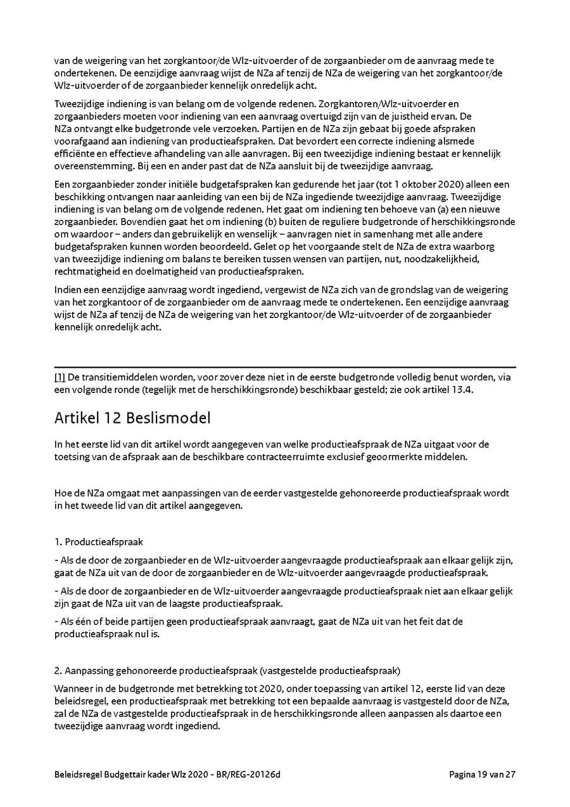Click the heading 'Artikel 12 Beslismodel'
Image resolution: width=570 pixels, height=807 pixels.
(x=132, y=418)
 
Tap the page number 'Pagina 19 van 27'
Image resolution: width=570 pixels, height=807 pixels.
(x=482, y=774)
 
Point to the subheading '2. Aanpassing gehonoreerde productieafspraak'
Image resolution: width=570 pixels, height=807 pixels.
(x=227, y=670)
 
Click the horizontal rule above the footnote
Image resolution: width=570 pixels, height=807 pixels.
(x=285, y=367)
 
